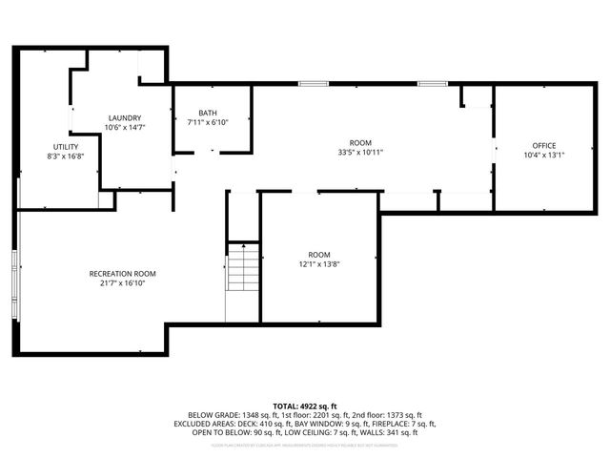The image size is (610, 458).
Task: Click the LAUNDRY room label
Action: (x=124, y=117)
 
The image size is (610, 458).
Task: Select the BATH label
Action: (x=207, y=113)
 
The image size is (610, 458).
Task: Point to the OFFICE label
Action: (x=544, y=146)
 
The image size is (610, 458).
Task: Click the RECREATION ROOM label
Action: (x=123, y=274)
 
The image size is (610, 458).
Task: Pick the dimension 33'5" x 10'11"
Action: (x=359, y=151)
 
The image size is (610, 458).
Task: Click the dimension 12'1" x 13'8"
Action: (x=318, y=263)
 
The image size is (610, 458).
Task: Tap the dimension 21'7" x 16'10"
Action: (x=123, y=283)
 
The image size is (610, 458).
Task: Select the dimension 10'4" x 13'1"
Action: (x=544, y=156)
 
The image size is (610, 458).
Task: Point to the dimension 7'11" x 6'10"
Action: (x=207, y=122)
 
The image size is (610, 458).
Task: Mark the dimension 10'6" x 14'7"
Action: (x=124, y=127)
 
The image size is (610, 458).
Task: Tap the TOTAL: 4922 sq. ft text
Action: (x=305, y=406)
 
